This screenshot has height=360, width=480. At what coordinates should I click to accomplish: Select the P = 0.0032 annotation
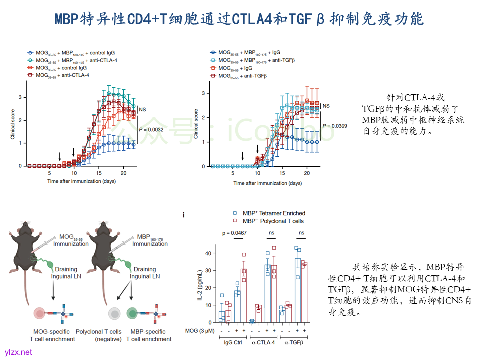(151, 130)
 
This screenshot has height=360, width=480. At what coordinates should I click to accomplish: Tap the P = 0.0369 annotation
(334, 126)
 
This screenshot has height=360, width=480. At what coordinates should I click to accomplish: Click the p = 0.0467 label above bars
(234, 233)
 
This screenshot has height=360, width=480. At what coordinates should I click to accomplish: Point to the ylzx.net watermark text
(18, 352)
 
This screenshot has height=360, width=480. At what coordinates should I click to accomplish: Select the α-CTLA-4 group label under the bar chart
(266, 342)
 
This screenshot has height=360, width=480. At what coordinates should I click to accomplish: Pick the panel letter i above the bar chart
(184, 215)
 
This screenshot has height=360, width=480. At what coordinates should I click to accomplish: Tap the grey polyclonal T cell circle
(115, 313)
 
